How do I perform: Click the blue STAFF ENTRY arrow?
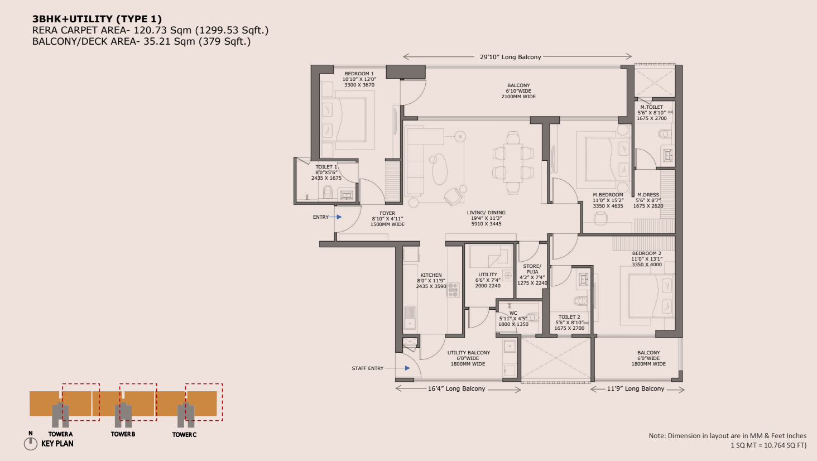tap(397, 368)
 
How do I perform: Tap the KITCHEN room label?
tap(431, 275)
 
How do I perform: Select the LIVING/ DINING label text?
tap(486, 213)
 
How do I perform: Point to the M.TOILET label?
tap(651, 107)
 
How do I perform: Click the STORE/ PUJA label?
tap(532, 269)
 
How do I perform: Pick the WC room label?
tap(513, 313)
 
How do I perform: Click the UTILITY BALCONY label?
tap(469, 353)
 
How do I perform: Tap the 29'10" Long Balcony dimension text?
tap(510, 57)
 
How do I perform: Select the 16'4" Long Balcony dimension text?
tap(456, 388)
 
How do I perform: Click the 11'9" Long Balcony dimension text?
tap(636, 388)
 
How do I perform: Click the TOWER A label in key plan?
tap(60, 434)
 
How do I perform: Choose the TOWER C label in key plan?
tap(184, 434)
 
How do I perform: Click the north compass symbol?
tap(31, 444)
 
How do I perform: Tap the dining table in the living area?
tap(513, 162)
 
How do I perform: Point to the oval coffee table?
tap(440, 169)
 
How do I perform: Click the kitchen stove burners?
tap(453, 290)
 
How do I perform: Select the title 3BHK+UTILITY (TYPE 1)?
tap(97, 18)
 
